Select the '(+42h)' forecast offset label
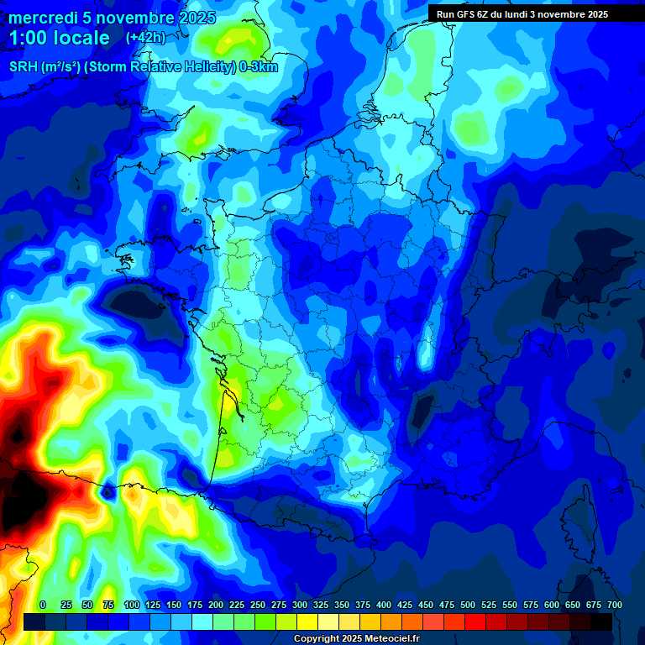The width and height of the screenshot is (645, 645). pos(145,38)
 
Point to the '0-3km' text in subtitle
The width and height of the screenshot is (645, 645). pos(259,67)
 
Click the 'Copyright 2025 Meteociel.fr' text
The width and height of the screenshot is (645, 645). pos(356,638)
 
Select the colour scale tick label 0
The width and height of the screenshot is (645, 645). pos(43,605)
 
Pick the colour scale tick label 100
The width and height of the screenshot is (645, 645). pos(132,605)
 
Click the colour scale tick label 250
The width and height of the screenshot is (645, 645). pos(258,605)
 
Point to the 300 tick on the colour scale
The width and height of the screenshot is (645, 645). pos(300,605)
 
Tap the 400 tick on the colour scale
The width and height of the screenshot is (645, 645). pos(384,605)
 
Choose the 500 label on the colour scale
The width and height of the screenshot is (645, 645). pos(468,605)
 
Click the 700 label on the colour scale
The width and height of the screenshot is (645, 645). pos(614,605)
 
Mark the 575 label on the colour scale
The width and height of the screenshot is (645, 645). pos(531,605)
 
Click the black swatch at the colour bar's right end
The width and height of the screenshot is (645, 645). pos(601,621)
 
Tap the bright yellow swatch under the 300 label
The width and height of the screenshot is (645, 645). pos(307,621)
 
